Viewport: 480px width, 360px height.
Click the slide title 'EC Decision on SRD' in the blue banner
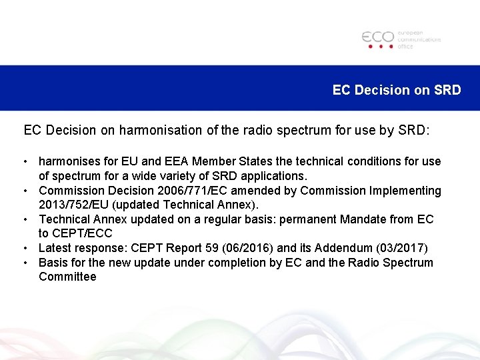[397, 90]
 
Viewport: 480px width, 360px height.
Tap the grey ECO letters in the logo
[378, 37]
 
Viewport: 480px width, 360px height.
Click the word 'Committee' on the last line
[67, 277]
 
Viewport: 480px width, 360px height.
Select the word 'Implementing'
[405, 191]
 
